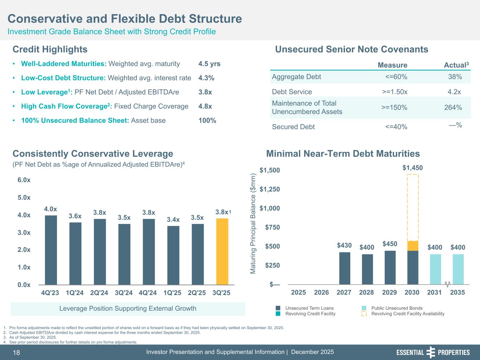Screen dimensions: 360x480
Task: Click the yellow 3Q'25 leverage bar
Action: pyautogui.click(x=222, y=251)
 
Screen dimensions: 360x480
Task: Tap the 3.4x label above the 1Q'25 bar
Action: pyautogui.click(x=173, y=220)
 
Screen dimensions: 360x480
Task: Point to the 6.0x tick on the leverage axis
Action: pyautogui.click(x=24, y=180)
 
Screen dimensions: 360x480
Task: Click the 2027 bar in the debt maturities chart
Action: pyautogui.click(x=345, y=268)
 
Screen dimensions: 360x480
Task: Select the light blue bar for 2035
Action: pyautogui.click(x=458, y=269)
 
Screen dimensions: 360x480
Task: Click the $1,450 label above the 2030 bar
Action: pyautogui.click(x=412, y=168)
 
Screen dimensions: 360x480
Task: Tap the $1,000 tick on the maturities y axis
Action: pyautogui.click(x=270, y=208)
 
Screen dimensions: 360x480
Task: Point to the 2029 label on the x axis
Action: pyautogui.click(x=390, y=292)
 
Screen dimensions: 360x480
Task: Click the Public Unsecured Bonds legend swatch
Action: pyautogui.click(x=364, y=308)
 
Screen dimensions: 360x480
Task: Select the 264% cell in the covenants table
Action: pyautogui.click(x=453, y=108)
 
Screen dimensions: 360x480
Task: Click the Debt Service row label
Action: pyautogui.click(x=292, y=92)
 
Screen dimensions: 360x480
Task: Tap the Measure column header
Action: pyautogui.click(x=392, y=65)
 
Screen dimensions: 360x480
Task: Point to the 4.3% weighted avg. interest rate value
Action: pyautogui.click(x=206, y=78)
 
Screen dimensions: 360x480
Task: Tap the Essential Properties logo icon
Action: pyautogui.click(x=431, y=352)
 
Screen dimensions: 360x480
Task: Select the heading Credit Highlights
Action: pyautogui.click(x=50, y=49)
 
